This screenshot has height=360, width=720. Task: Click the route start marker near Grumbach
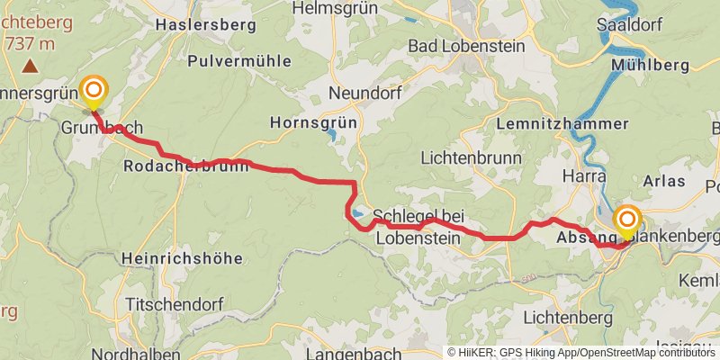(94, 90)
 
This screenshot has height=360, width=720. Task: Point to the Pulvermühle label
(239, 61)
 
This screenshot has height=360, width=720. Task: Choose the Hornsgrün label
(313, 121)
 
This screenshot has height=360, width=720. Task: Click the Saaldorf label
(631, 25)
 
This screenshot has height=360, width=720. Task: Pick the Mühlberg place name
(650, 65)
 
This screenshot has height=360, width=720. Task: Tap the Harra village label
(583, 175)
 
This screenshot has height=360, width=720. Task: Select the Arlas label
(664, 181)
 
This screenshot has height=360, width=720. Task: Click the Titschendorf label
(175, 303)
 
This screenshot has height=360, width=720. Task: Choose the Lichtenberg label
(568, 317)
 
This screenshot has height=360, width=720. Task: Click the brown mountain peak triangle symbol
(31, 66)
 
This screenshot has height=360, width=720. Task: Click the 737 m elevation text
(30, 43)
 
